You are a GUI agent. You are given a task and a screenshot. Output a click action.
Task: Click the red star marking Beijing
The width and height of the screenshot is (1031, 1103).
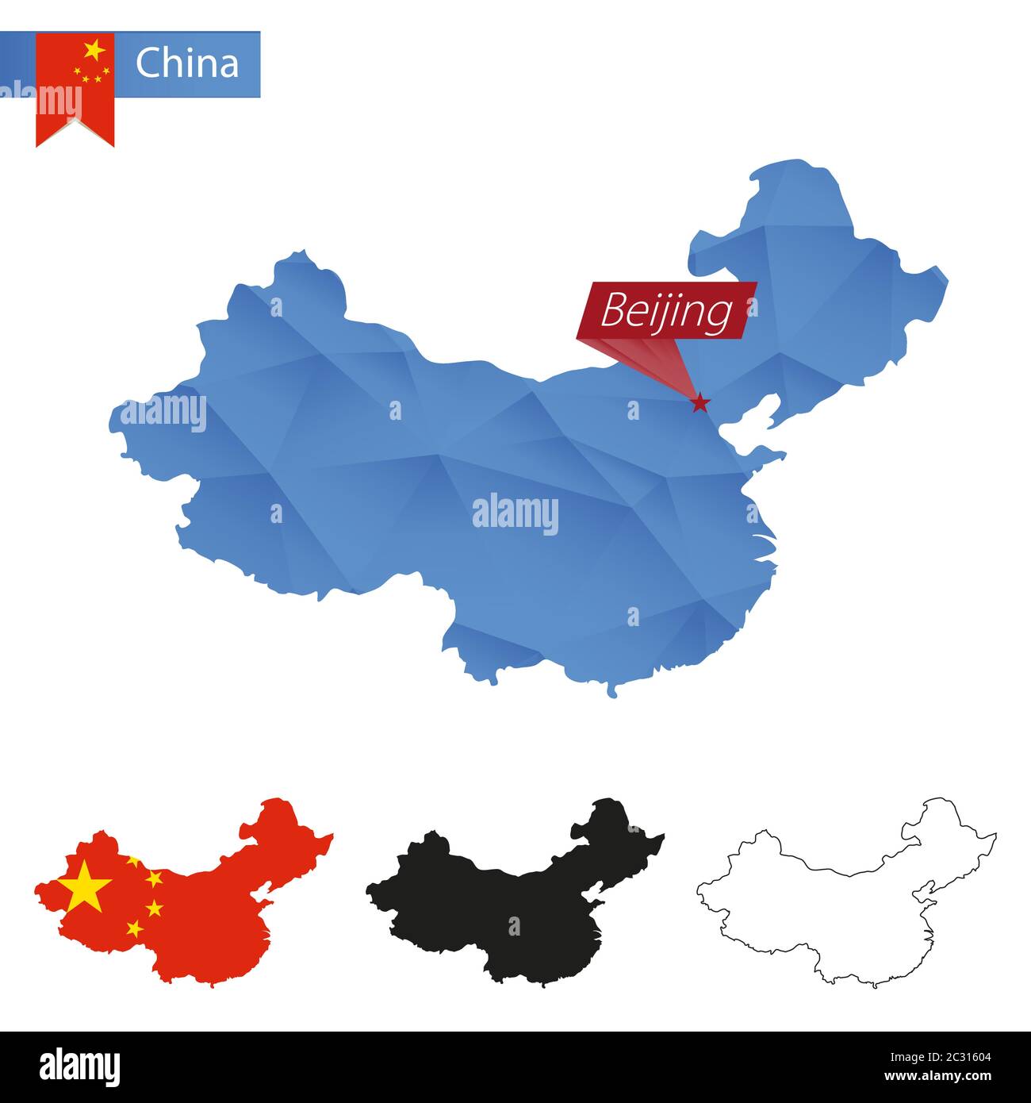coord(699,404)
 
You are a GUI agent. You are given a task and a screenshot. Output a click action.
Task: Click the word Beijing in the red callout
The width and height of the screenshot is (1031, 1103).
coord(666,311)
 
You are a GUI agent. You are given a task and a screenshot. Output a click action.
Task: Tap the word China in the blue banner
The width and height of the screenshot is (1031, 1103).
coord(187,63)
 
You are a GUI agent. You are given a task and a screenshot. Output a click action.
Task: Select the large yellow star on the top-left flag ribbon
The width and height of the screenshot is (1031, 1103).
coord(94,51)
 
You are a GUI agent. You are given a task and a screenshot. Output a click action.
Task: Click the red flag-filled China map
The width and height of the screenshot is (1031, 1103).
coord(198,913)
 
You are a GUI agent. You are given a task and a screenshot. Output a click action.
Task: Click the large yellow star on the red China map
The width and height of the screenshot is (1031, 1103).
coord(84,888)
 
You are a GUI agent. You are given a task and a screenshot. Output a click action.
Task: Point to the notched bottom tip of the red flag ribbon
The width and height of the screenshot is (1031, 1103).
coord(75,123)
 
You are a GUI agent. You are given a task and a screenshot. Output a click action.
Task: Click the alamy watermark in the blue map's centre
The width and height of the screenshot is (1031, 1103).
coord(515,514)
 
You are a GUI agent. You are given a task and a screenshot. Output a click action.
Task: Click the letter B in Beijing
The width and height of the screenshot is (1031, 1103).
coord(611,311)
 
